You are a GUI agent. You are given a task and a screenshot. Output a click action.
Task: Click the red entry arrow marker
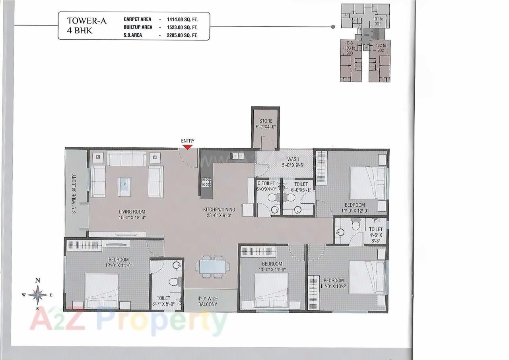(188, 147)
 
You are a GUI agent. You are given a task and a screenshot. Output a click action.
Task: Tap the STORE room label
(266, 121)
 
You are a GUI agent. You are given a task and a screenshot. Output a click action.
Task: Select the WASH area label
(293, 159)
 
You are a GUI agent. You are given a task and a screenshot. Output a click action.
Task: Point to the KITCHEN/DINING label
(219, 209)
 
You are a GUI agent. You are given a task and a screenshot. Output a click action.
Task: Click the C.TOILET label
(266, 184)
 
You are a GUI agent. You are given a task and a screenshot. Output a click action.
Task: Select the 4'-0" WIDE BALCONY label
(208, 301)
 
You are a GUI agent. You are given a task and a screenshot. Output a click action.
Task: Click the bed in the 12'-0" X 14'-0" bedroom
(102, 291)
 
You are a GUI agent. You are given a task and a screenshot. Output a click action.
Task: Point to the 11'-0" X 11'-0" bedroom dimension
(272, 269)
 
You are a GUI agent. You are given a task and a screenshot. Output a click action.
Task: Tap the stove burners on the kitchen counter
(206, 182)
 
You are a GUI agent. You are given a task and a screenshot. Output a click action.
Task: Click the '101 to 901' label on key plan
(378, 21)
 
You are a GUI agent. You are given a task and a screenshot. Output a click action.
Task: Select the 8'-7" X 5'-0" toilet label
(163, 304)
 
